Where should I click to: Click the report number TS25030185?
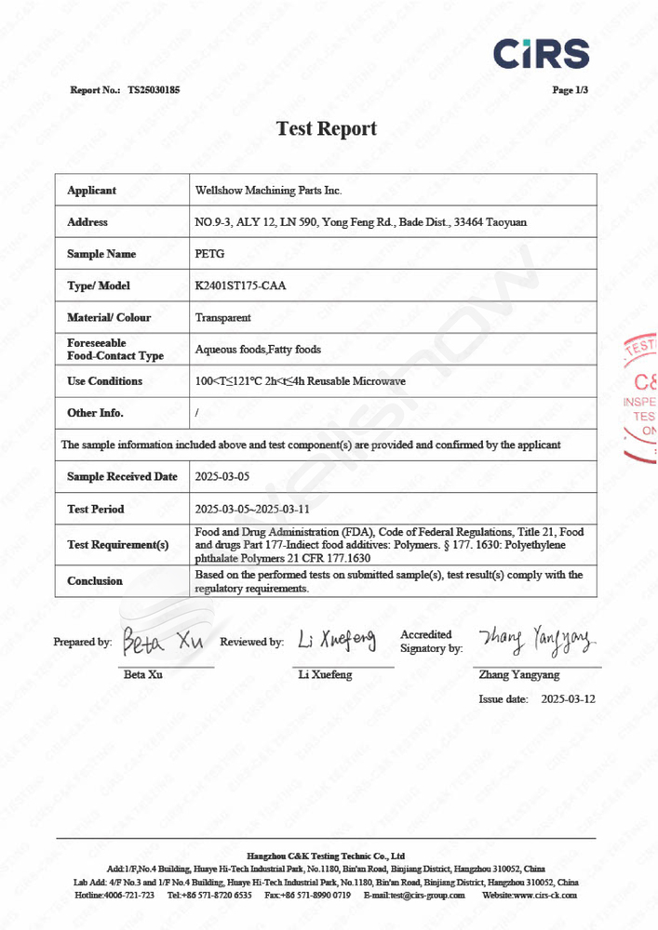pyautogui.click(x=154, y=90)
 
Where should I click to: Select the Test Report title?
pyautogui.click(x=327, y=128)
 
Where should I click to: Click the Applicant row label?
pyautogui.click(x=91, y=191)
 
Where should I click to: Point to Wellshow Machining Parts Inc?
pyautogui.click(x=268, y=191)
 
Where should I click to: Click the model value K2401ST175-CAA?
pyautogui.click(x=240, y=286)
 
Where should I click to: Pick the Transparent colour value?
pyautogui.click(x=222, y=317)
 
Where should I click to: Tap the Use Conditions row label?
pyautogui.click(x=105, y=381)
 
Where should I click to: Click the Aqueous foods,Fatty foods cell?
pyautogui.click(x=258, y=350)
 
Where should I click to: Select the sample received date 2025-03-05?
pyautogui.click(x=222, y=477)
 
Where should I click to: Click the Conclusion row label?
pyautogui.click(x=95, y=581)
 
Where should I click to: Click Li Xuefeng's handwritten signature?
pyautogui.click(x=337, y=639)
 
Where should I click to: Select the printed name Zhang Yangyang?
pyautogui.click(x=519, y=674)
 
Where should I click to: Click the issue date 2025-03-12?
pyautogui.click(x=568, y=698)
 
